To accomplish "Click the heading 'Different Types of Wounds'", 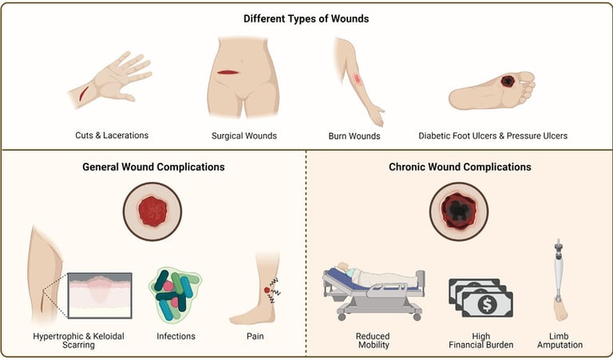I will (306, 18).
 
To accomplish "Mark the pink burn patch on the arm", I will (358, 78).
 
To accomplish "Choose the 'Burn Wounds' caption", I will (354, 136).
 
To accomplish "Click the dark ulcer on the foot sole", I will (508, 81).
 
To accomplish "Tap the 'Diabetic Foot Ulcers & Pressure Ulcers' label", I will (493, 136).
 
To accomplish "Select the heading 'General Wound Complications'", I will (153, 168).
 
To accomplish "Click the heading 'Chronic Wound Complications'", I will (460, 168).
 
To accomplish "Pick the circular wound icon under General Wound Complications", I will (152, 212).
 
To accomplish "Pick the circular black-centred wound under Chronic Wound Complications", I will (459, 212).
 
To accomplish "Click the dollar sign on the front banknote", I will (487, 303).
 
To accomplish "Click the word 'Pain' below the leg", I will (255, 336).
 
